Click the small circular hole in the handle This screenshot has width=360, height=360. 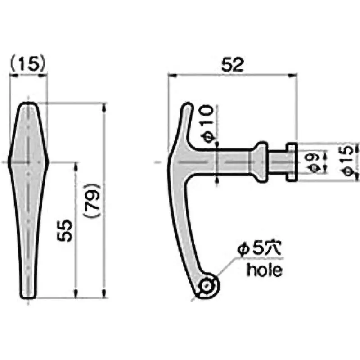click(207, 285)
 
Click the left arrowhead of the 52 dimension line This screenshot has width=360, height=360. click(171, 76)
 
